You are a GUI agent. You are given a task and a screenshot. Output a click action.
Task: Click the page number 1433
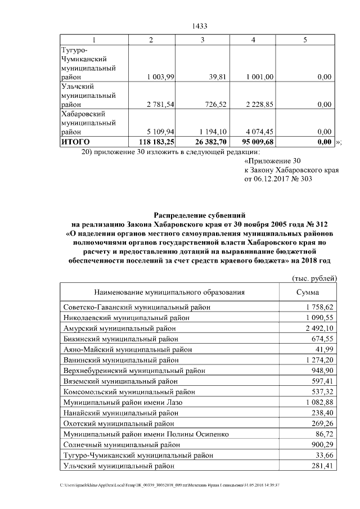[x=200, y=26]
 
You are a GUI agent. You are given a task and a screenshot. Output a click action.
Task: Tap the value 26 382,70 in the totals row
[x=209, y=143]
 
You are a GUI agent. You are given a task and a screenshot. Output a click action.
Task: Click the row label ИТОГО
[x=75, y=143]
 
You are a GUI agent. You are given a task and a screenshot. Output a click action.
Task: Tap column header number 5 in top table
[x=305, y=39]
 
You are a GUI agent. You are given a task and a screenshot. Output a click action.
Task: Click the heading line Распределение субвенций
[x=200, y=215]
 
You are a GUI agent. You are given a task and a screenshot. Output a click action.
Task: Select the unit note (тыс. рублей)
[x=314, y=278]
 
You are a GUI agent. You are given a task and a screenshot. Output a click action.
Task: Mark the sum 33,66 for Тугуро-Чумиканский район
[x=325, y=456]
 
